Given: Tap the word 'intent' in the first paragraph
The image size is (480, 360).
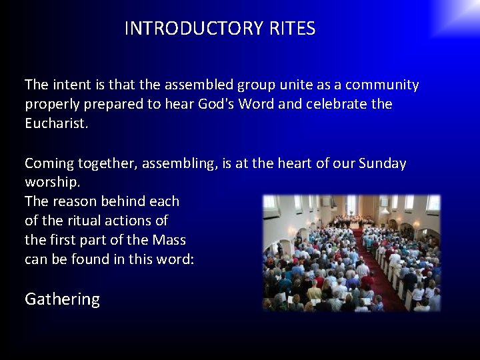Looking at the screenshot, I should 70,85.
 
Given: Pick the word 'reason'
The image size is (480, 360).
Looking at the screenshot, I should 75,201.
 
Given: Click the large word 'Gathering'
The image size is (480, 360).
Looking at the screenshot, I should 62,299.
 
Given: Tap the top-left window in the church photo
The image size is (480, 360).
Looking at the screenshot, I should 271,204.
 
